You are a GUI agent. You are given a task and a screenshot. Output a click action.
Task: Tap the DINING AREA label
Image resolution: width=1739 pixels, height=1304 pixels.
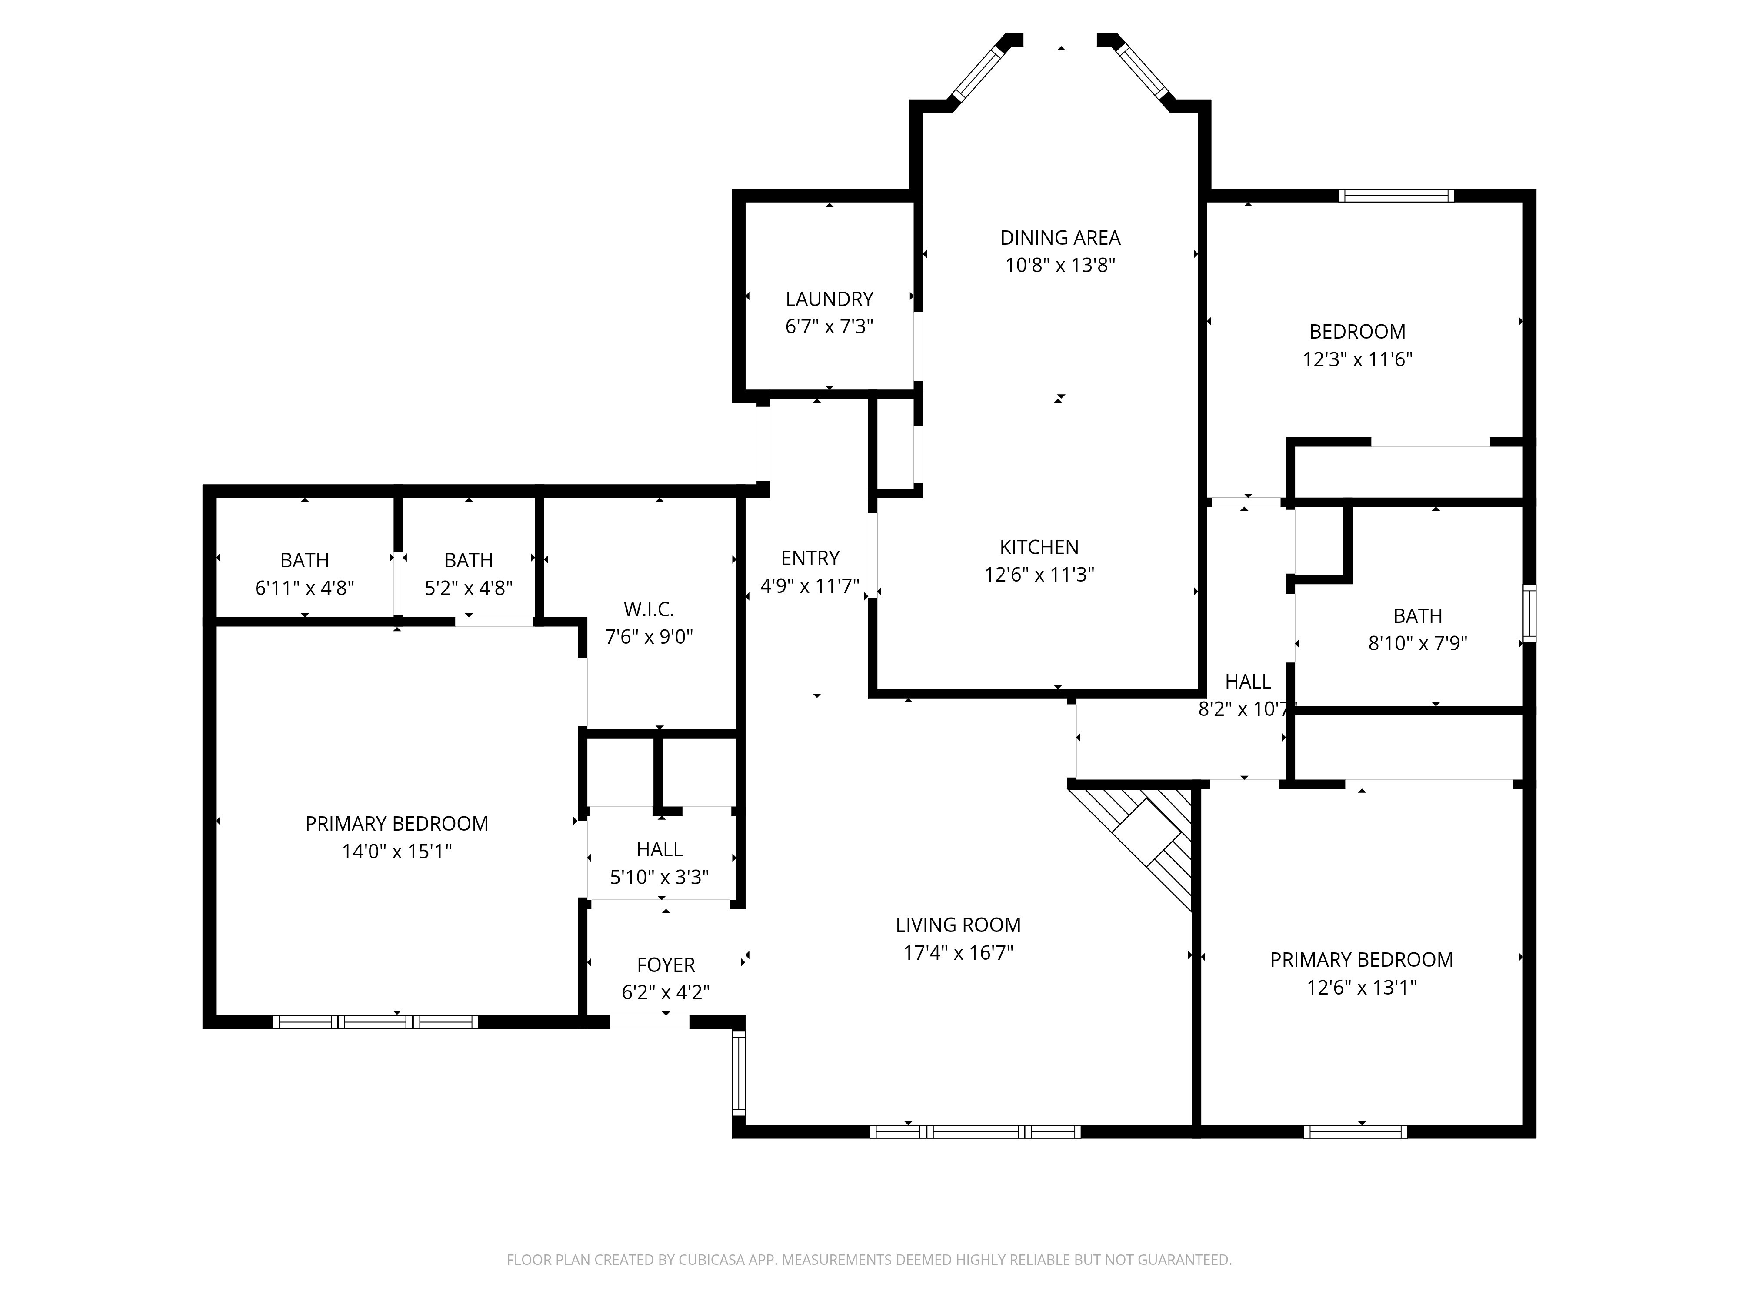(x=1060, y=237)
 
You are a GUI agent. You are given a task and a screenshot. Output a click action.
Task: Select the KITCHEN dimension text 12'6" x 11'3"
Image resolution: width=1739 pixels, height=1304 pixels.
(x=1039, y=575)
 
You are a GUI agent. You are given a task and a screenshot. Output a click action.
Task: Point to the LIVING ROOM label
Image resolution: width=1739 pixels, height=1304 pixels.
(x=958, y=925)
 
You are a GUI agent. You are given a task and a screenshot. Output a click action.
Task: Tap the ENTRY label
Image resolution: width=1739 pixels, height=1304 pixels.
(x=810, y=558)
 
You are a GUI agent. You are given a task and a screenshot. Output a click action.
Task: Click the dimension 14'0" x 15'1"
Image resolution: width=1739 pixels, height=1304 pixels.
(x=397, y=851)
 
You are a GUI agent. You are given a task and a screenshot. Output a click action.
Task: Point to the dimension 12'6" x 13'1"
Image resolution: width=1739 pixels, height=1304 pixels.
(x=1362, y=987)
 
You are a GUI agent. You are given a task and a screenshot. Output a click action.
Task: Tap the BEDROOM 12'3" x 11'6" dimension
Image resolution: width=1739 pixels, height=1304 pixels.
(x=1358, y=359)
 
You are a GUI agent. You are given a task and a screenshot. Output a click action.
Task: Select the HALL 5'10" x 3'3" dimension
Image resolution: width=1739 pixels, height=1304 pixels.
(x=660, y=877)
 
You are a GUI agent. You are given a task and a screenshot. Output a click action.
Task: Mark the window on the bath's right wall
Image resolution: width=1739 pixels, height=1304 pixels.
(x=1529, y=613)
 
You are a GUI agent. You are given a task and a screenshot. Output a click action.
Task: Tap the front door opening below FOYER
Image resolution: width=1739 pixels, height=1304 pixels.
(x=650, y=1022)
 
